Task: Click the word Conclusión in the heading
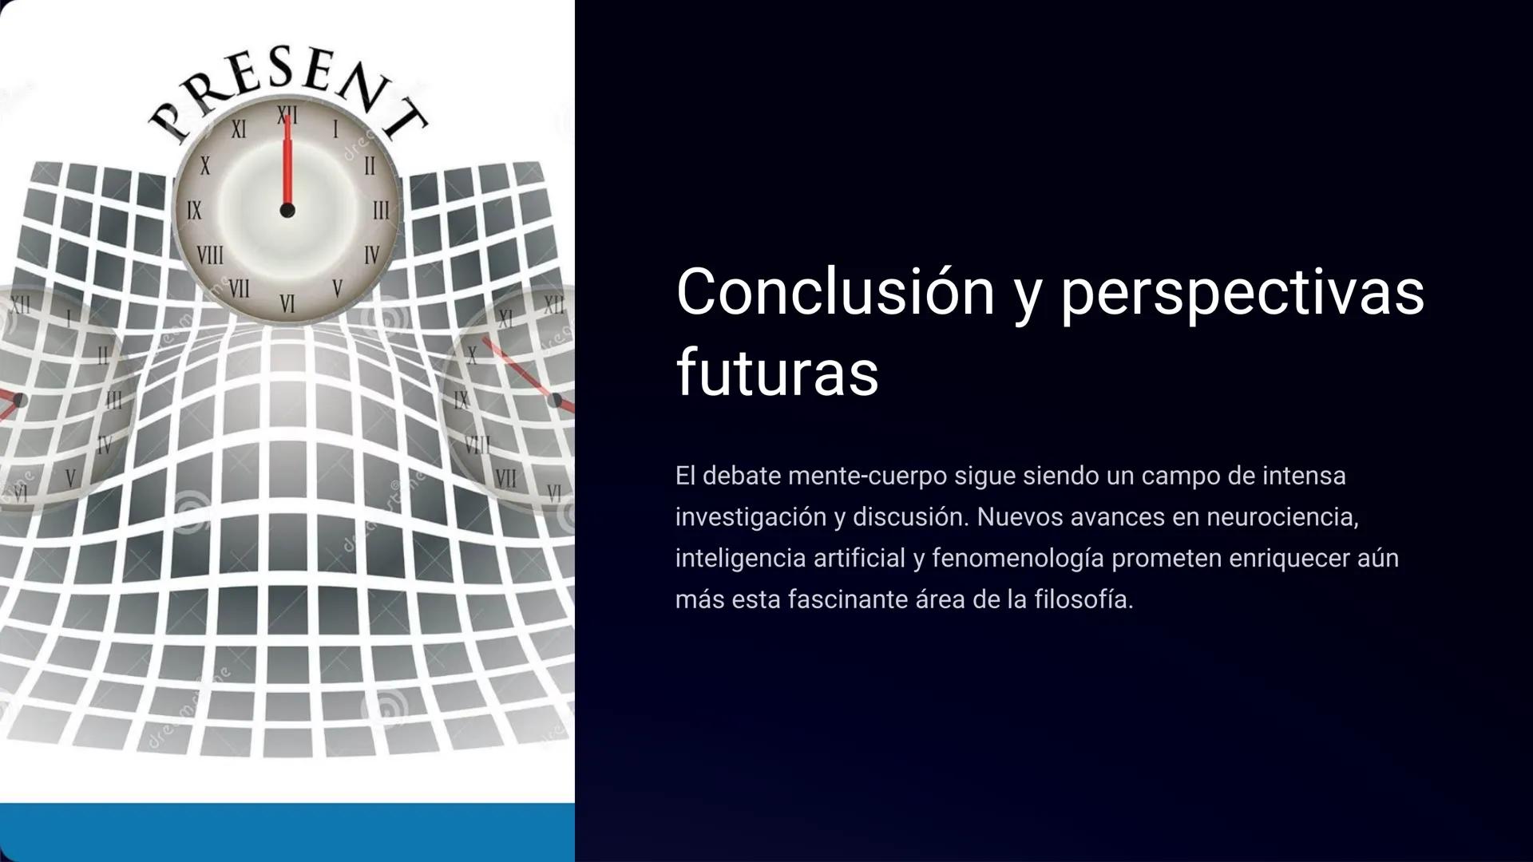click(835, 292)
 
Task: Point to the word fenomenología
click(1017, 558)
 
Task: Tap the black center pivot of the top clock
click(287, 211)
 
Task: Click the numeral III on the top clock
click(381, 211)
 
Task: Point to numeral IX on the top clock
click(194, 211)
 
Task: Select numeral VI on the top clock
click(287, 303)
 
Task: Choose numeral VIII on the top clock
click(210, 256)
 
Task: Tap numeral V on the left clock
click(70, 477)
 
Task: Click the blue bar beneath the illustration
click(287, 832)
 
